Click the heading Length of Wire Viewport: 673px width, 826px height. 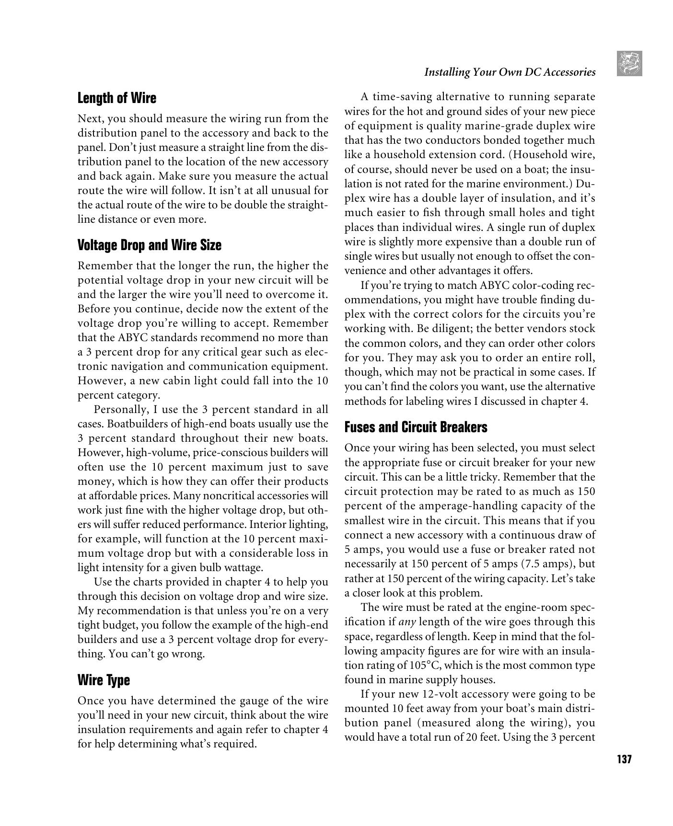tap(116, 98)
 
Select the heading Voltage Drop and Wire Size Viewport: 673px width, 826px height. tap(149, 245)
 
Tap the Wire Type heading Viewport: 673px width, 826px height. tap(104, 680)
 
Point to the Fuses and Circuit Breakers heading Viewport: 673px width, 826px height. tap(416, 427)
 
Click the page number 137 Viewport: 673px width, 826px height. tap(624, 759)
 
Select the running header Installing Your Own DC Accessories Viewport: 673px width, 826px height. tap(510, 72)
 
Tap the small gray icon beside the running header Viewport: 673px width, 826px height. tap(629, 64)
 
